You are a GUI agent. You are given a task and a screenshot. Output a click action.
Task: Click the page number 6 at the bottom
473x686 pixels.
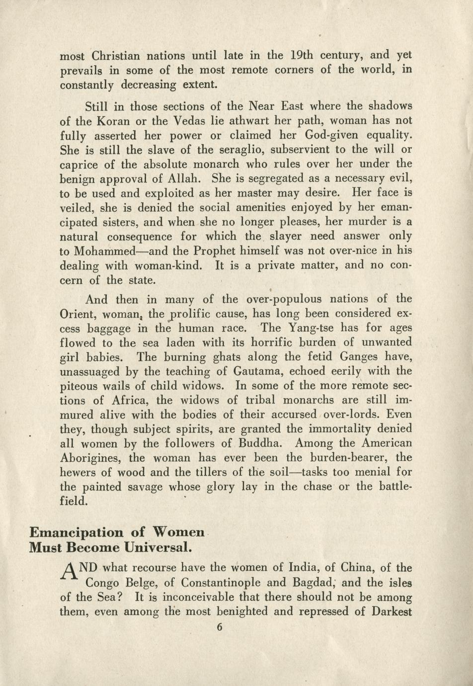[220, 627]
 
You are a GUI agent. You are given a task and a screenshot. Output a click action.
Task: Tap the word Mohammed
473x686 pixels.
[105, 251]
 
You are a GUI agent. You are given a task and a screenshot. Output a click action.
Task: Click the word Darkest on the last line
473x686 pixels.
[392, 611]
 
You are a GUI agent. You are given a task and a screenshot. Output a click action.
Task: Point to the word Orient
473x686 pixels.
[78, 314]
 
